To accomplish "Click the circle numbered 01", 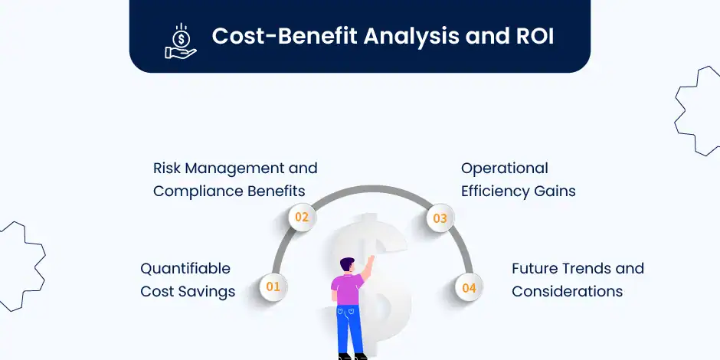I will (x=273, y=287).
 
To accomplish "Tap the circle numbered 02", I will (x=302, y=217).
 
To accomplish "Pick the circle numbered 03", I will (x=440, y=218).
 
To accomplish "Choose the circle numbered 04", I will (x=469, y=288).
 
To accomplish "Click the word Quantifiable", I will (x=185, y=269).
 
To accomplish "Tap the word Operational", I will (x=505, y=169).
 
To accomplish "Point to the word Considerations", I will (x=567, y=292).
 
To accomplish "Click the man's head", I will (x=347, y=264).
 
